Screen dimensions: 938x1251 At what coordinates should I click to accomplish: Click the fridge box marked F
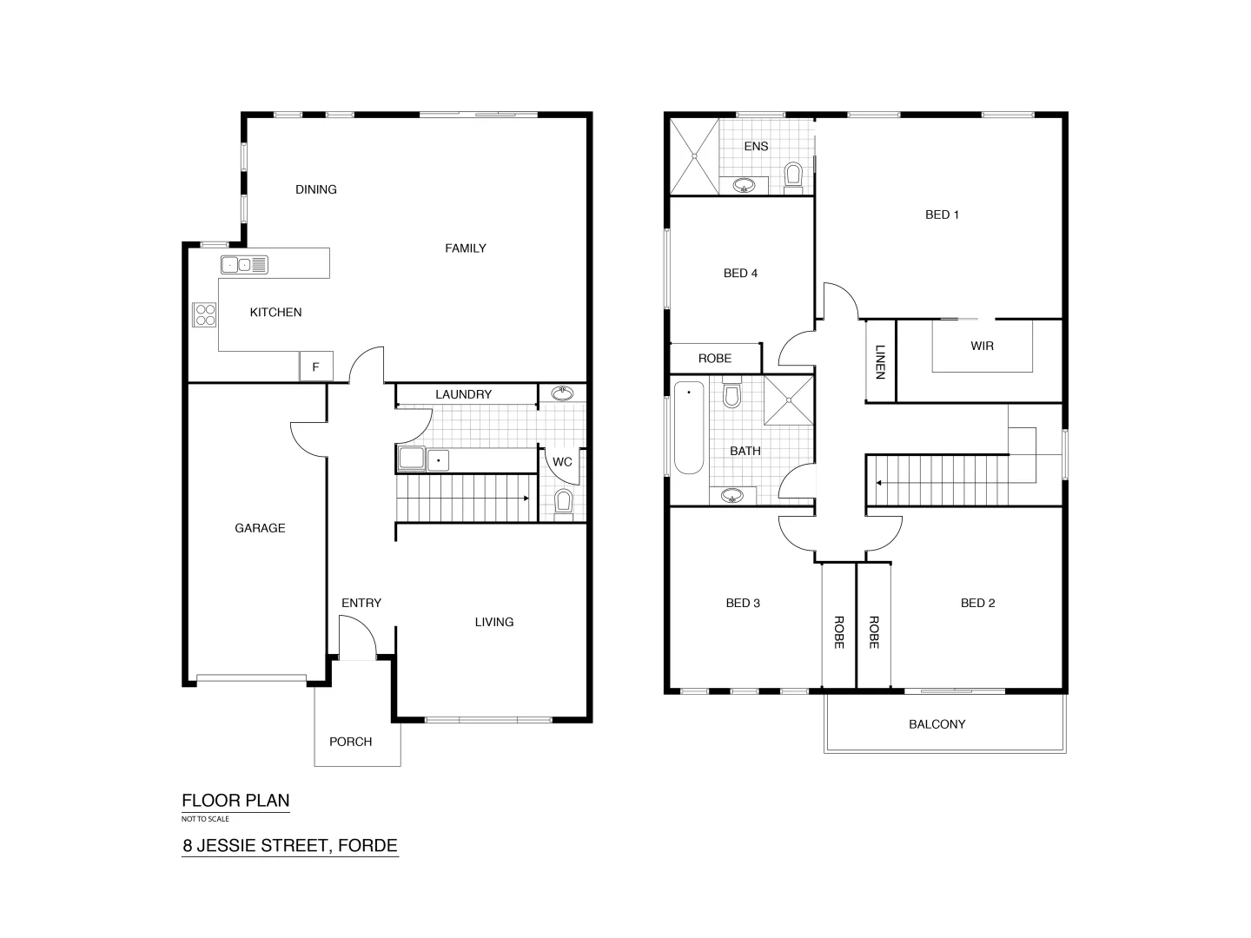[315, 367]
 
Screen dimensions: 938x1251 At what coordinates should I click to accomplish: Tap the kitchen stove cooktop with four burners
[204, 314]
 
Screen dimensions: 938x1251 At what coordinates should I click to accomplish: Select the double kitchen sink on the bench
[244, 265]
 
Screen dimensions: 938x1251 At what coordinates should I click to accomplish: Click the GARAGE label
[260, 528]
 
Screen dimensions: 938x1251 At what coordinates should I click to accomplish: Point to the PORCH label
[350, 742]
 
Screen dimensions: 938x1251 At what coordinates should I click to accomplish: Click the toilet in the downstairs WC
[563, 501]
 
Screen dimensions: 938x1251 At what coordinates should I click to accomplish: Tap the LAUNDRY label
[463, 394]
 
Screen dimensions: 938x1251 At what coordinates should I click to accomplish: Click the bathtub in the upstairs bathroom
[689, 427]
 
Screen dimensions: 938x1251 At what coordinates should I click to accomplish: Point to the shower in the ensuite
[694, 156]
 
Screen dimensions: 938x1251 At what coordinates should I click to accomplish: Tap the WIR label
[982, 346]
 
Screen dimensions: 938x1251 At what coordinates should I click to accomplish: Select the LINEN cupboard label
[880, 362]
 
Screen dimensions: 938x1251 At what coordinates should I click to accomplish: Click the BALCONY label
[937, 724]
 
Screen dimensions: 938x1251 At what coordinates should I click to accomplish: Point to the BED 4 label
[740, 274]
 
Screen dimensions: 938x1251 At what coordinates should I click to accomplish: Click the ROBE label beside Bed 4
[715, 358]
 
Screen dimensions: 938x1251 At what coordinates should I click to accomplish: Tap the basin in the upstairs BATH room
[733, 496]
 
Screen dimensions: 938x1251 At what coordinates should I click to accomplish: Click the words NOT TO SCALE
[205, 819]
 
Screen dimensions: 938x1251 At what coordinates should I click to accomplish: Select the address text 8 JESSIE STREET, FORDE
[289, 845]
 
